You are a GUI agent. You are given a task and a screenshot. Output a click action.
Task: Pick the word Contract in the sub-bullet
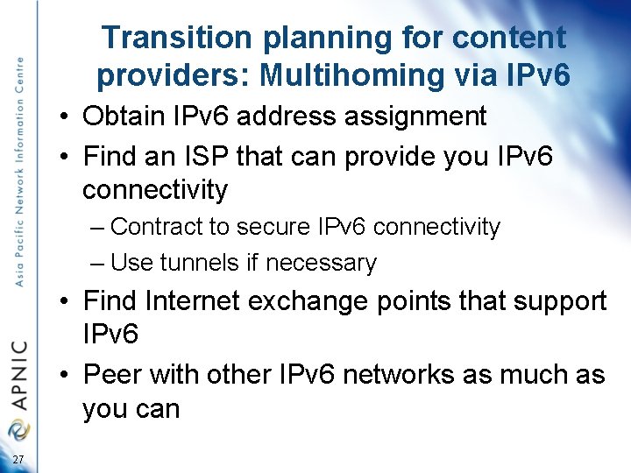coord(157,227)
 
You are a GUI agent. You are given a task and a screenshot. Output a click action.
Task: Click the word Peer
coord(113,375)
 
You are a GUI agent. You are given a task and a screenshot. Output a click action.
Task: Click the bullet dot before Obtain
coord(67,116)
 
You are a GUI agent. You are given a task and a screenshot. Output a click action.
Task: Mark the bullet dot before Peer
coord(67,376)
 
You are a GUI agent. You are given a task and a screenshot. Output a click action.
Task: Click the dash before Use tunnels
coord(97,263)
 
